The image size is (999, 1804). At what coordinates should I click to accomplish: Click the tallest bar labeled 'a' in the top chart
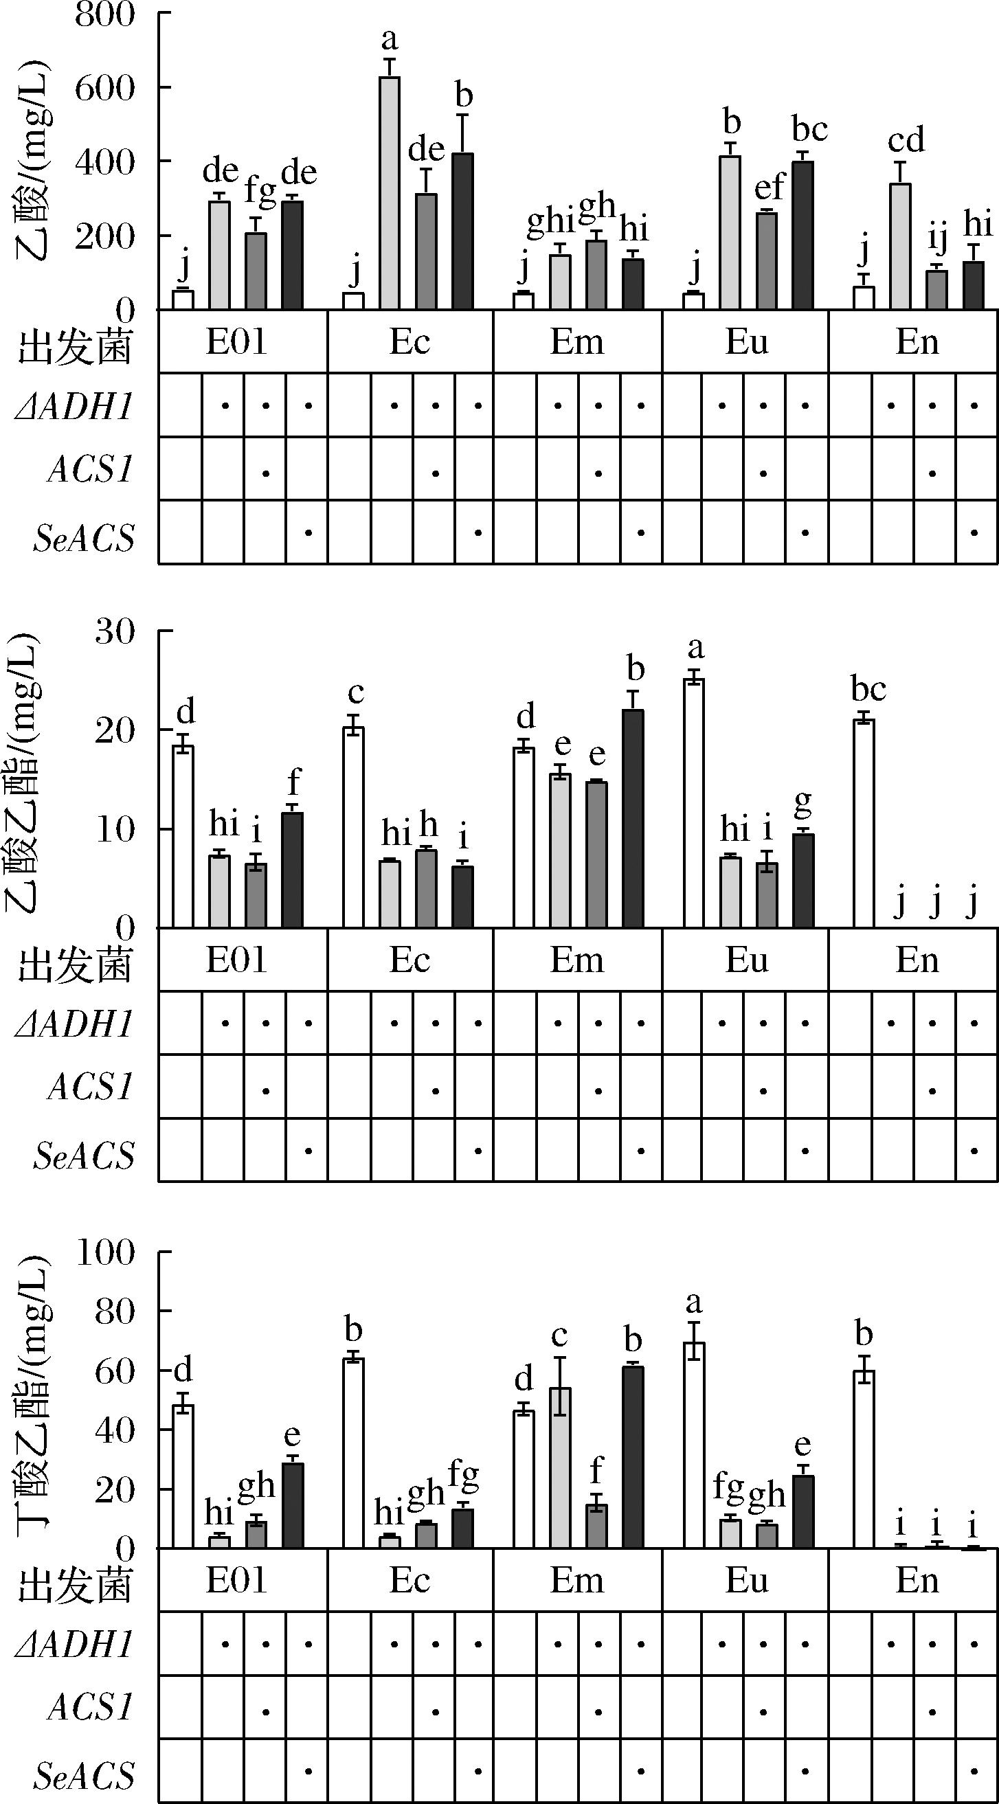coord(390,192)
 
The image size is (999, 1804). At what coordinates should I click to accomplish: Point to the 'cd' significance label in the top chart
coord(906,141)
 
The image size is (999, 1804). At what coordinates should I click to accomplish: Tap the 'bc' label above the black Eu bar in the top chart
coord(810,130)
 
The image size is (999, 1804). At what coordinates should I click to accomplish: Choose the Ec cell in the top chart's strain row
coord(409,341)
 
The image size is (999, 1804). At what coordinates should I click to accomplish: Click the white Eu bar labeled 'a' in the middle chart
coord(693,802)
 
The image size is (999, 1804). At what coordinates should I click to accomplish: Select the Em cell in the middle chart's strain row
coord(576,960)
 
